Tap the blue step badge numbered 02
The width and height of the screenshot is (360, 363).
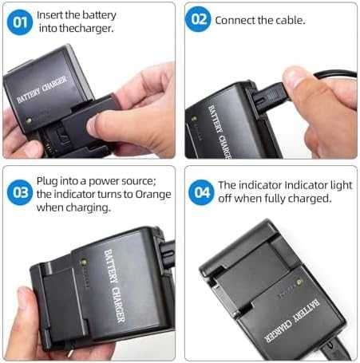tap(199, 20)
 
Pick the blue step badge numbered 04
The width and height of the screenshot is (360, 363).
tap(200, 192)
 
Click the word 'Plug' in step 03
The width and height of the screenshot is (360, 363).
tap(49, 181)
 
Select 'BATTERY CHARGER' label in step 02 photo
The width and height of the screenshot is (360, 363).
tap(216, 129)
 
